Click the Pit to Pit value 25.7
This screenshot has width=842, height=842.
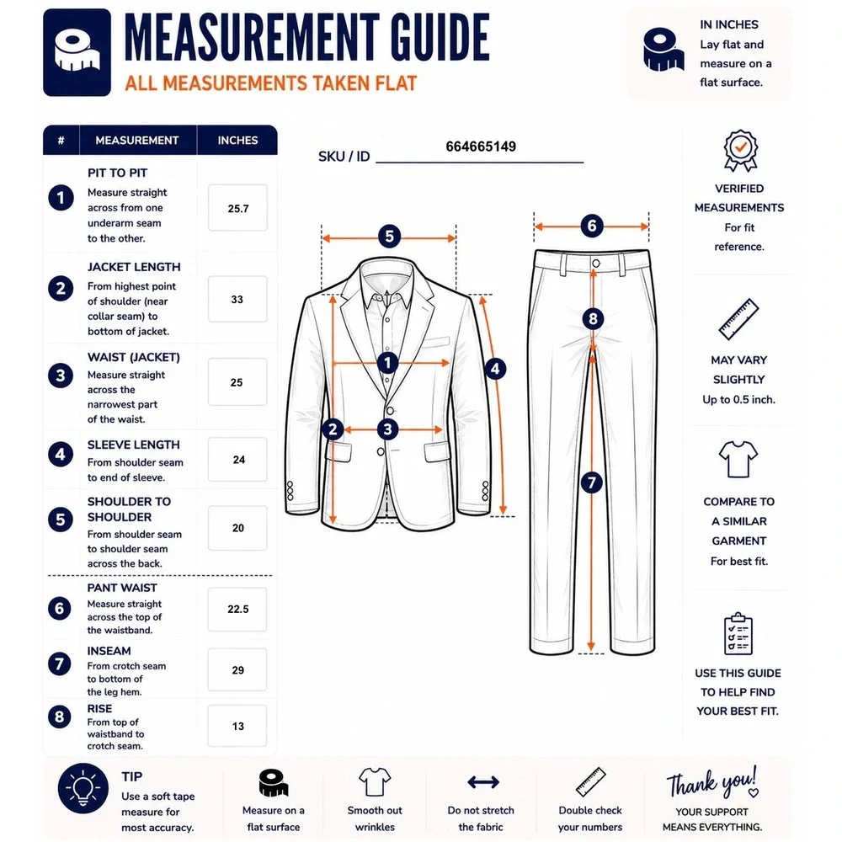238,208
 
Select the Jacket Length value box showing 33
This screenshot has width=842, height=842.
237,299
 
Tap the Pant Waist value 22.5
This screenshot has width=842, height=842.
238,609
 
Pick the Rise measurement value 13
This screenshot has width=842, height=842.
238,726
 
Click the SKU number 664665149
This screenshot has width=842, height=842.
481,147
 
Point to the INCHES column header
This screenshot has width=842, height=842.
238,140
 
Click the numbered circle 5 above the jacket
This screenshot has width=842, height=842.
389,237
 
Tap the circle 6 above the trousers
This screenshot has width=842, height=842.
592,226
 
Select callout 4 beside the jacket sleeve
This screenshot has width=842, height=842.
495,369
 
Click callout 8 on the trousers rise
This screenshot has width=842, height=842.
593,319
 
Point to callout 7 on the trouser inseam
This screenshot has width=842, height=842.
592,482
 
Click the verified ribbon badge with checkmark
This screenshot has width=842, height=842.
740,150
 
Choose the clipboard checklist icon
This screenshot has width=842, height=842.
738,634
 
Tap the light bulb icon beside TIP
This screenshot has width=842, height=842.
83,788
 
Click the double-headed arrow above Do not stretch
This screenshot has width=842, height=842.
483,782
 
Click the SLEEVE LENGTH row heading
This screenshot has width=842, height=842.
134,445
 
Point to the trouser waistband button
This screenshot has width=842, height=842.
595,263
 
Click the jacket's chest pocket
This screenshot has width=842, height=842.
436,342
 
